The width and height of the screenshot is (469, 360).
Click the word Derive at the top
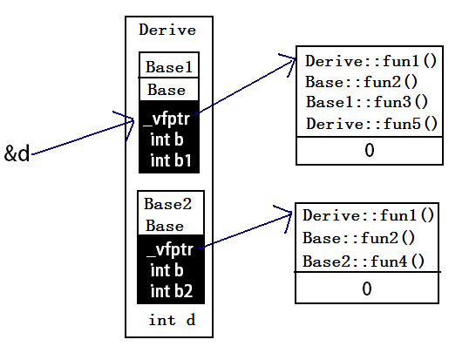167,30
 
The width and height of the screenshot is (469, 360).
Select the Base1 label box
169,65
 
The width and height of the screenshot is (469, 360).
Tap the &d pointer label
17,153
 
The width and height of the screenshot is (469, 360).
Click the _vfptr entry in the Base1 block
167,119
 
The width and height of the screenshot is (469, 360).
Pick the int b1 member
171,160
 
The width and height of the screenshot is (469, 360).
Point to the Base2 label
167,204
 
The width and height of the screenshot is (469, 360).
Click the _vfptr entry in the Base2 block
170,250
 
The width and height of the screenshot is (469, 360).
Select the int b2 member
172,291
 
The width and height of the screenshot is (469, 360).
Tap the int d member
172,320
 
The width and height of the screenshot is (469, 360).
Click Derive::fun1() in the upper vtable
371,61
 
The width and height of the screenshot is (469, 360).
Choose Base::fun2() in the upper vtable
361,82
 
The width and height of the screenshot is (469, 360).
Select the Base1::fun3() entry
367,102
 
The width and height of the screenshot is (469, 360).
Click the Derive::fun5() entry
371,124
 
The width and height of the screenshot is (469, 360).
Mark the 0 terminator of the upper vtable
370,150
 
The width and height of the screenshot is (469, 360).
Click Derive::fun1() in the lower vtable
368,215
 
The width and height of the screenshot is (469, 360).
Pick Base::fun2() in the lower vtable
358,238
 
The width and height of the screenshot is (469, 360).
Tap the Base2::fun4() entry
364,262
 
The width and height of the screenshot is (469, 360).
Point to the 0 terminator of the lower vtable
367,289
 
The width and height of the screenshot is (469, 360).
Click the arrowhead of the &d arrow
133,121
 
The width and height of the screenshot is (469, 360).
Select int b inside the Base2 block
167,270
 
